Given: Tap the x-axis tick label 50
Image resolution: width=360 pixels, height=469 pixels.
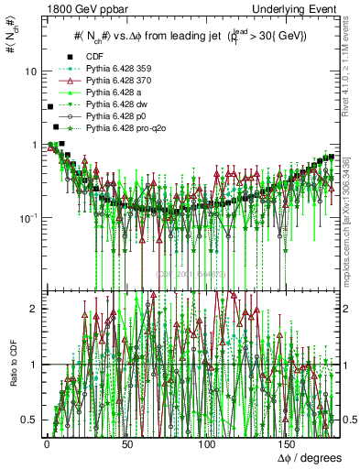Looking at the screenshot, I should [x=126, y=443].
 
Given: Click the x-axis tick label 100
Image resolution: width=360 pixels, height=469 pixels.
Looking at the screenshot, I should [x=209, y=443].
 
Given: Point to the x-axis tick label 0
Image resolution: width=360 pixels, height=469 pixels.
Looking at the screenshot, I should [x=46, y=443].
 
